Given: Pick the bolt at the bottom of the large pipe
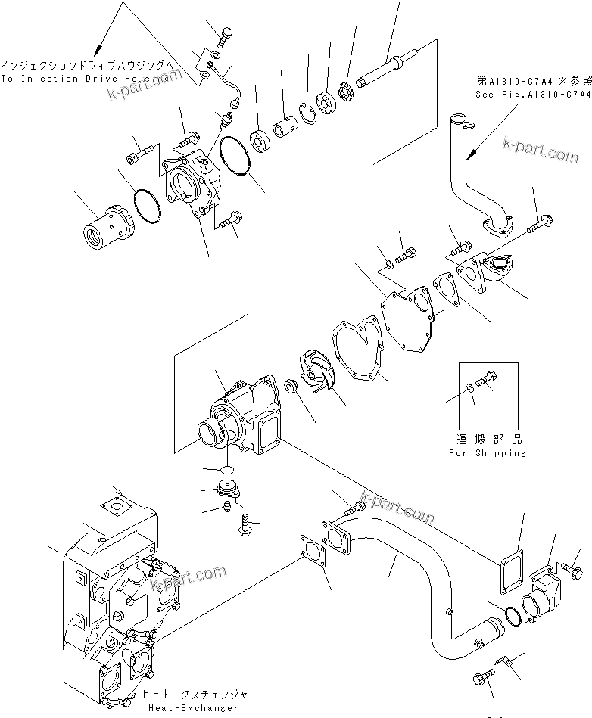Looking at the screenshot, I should click(485, 675).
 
